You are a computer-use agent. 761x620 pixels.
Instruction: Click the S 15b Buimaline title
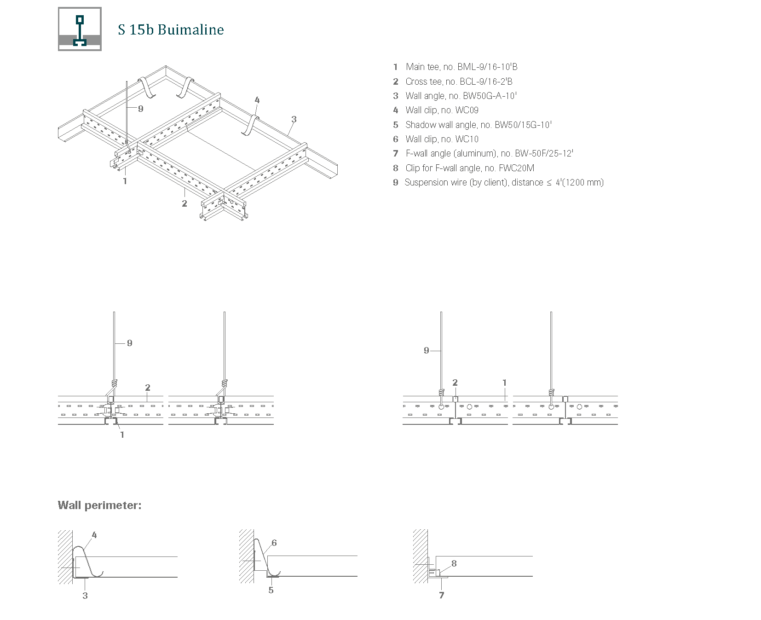click(171, 30)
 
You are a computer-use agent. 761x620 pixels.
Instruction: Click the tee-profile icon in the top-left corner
click(80, 29)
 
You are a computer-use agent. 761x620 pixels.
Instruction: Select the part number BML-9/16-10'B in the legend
click(487, 67)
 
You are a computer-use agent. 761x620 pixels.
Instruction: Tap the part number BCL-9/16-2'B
click(486, 82)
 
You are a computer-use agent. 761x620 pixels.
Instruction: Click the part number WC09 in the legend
click(467, 110)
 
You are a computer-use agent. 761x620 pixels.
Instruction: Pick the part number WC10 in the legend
click(467, 139)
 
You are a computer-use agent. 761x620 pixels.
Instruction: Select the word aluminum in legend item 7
click(474, 154)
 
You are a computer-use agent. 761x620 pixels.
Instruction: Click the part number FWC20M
click(516, 168)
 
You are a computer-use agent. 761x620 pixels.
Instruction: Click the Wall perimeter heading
click(99, 505)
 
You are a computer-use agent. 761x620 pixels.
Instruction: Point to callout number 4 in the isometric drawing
click(257, 100)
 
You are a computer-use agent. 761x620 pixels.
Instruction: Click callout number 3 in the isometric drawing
click(294, 120)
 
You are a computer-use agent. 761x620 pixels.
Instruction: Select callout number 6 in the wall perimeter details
click(274, 543)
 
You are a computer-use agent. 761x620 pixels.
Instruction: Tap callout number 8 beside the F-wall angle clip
click(454, 563)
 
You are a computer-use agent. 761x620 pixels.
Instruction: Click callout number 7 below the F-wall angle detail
click(442, 596)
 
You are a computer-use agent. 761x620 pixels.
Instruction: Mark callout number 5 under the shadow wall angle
click(271, 590)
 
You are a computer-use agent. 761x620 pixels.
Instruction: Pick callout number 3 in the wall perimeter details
click(85, 596)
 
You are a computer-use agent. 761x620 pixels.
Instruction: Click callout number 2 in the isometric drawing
click(184, 203)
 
